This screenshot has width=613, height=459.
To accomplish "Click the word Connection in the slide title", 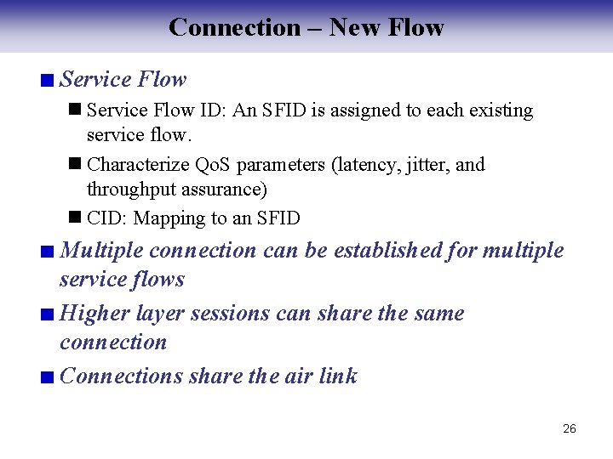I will pos(234,27).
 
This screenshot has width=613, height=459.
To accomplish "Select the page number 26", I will pos(570,428).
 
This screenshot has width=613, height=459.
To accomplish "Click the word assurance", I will pos(222,189).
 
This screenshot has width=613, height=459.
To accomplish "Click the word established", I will pos(387,250).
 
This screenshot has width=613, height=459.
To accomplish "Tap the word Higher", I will pos(95,313).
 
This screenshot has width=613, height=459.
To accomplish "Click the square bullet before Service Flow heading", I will pos(48,82).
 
